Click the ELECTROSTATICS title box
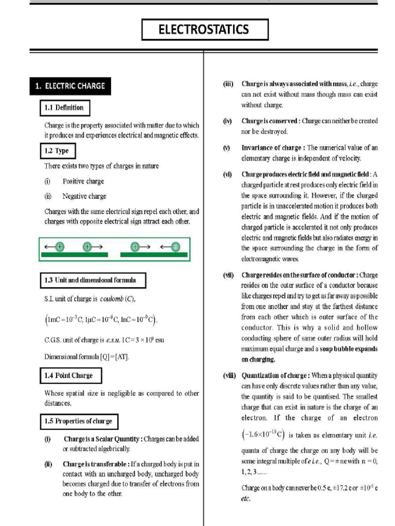point(205,30)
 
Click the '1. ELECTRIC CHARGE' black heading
point(69,86)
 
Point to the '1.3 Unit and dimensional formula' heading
point(93,280)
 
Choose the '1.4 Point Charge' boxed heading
point(71,375)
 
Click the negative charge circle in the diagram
point(176,247)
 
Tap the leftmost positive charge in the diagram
point(60,247)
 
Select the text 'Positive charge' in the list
point(83,181)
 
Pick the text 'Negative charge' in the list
point(84,196)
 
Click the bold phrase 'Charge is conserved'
point(270,121)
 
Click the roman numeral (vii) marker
point(228,275)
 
